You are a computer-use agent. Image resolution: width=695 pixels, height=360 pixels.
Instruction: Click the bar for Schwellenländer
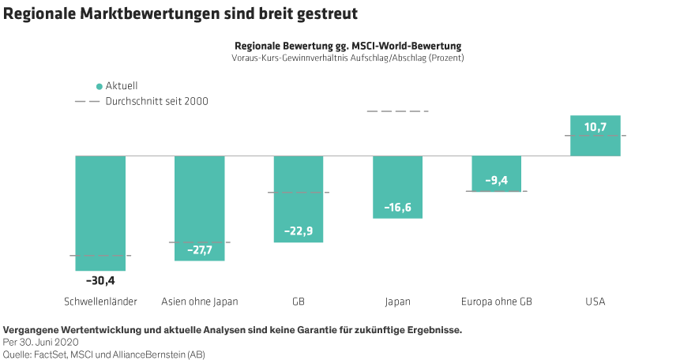pyautogui.click(x=100, y=213)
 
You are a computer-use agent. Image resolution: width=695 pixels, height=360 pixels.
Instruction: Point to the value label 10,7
pyautogui.click(x=595, y=126)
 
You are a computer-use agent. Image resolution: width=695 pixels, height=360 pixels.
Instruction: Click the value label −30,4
pyautogui.click(x=100, y=279)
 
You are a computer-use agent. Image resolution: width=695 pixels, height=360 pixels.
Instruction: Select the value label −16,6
pyautogui.click(x=397, y=208)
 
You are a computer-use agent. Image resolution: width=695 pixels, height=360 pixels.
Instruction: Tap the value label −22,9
pyautogui.click(x=299, y=231)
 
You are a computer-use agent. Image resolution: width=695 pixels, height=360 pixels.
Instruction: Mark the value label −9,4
pyautogui.click(x=497, y=181)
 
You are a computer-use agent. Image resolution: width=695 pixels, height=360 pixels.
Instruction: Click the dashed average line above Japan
pyautogui.click(x=397, y=111)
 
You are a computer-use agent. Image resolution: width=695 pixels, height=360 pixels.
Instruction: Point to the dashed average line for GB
pyautogui.click(x=299, y=193)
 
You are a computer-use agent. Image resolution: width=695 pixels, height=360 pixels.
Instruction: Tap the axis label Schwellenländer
pyautogui.click(x=100, y=302)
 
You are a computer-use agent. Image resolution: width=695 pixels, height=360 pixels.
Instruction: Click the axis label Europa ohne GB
pyautogui.click(x=497, y=302)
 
